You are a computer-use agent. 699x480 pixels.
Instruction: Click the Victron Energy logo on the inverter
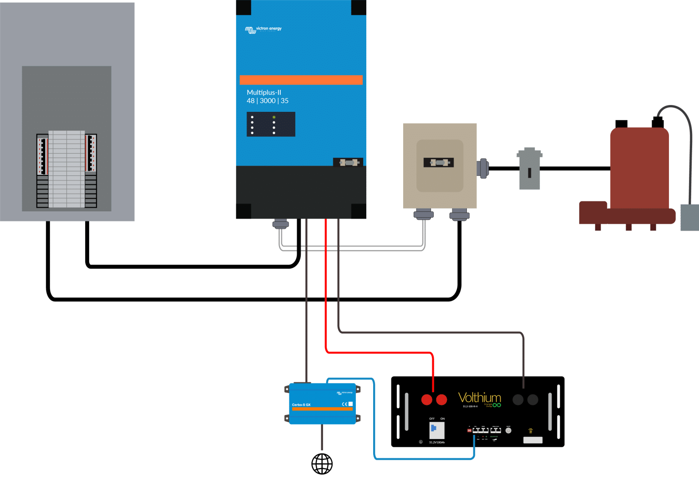(x=263, y=30)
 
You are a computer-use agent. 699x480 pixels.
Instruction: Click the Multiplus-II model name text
(x=264, y=92)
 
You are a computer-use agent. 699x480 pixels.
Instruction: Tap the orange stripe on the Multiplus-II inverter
(x=301, y=80)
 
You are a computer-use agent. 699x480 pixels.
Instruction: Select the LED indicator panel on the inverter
(x=271, y=124)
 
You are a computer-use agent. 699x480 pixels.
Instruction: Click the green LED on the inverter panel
(x=274, y=117)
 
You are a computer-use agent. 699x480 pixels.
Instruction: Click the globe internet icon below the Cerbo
(x=322, y=464)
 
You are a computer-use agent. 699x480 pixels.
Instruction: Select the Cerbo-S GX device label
(x=301, y=405)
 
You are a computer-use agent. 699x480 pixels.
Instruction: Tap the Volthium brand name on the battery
(x=479, y=398)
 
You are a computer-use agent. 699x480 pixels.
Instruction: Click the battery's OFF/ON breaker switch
(x=436, y=429)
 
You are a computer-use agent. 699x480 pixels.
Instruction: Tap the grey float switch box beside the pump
(x=689, y=217)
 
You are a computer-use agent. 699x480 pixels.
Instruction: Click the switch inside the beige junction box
(x=439, y=162)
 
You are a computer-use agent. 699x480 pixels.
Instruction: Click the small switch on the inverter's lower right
(x=348, y=162)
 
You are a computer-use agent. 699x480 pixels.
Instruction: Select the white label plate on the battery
(x=532, y=440)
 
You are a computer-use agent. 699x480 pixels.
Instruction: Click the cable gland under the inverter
(x=280, y=224)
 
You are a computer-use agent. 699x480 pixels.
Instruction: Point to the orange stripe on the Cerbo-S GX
(x=322, y=409)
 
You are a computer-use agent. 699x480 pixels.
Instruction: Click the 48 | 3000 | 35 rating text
(x=268, y=101)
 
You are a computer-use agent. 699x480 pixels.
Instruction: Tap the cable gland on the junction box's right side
(x=482, y=168)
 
